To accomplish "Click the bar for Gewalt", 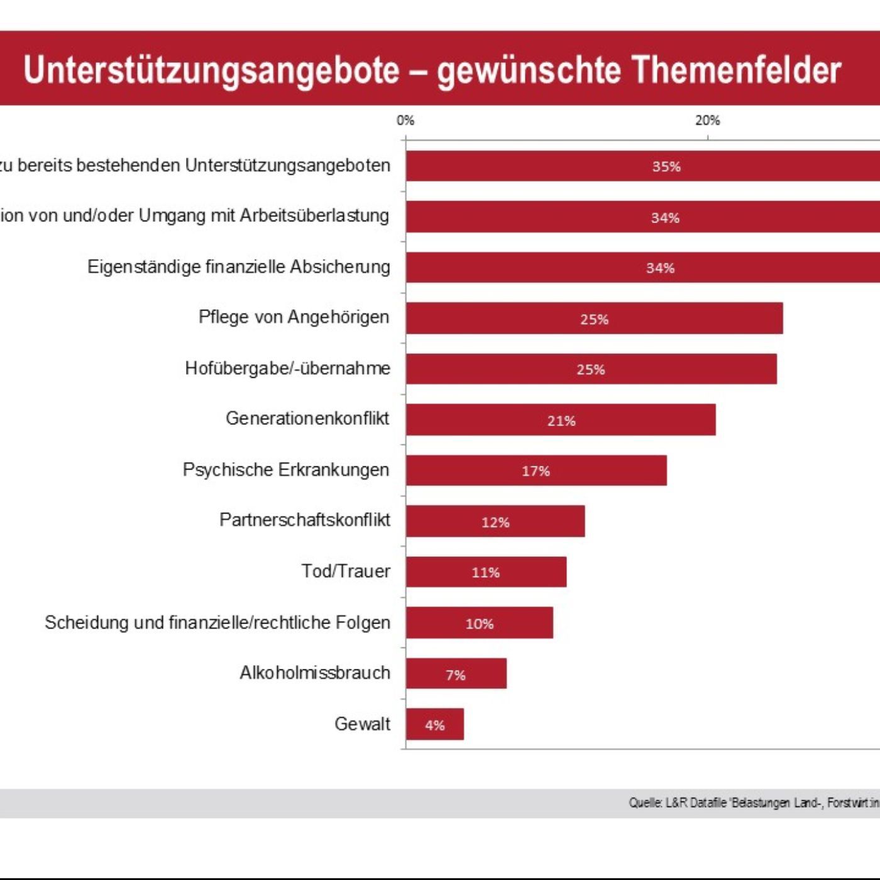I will pyautogui.click(x=435, y=724).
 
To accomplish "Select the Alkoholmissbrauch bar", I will pyautogui.click(x=456, y=673).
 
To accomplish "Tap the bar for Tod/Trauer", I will pyautogui.click(x=486, y=572).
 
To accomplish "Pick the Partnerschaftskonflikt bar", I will pyautogui.click(x=495, y=521).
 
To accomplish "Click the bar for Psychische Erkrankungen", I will pyautogui.click(x=536, y=470).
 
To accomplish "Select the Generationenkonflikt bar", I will pyautogui.click(x=561, y=420).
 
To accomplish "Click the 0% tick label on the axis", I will pyautogui.click(x=405, y=121).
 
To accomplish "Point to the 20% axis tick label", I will pyautogui.click(x=707, y=121).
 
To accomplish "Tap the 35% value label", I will pyautogui.click(x=666, y=167).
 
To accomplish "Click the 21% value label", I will pyautogui.click(x=561, y=421).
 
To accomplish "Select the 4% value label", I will pyautogui.click(x=435, y=725).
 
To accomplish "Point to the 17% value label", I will pyautogui.click(x=536, y=471).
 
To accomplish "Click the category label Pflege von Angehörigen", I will pyautogui.click(x=294, y=317).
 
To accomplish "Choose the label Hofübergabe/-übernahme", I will pyautogui.click(x=287, y=368).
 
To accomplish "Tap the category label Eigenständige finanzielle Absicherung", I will pyautogui.click(x=238, y=267).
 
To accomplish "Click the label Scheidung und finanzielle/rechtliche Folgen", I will pyautogui.click(x=217, y=622).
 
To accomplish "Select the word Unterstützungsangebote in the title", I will pyautogui.click(x=211, y=70).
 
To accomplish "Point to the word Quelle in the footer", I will pyautogui.click(x=646, y=803).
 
